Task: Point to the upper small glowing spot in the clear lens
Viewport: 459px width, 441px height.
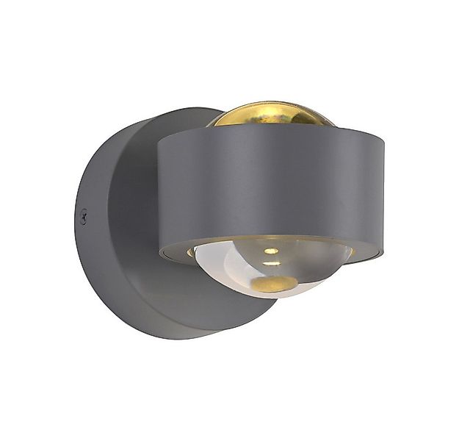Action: (x=271, y=251)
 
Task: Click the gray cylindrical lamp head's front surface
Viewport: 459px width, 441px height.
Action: (x=272, y=187)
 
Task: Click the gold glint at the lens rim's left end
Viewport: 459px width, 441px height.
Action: (x=192, y=252)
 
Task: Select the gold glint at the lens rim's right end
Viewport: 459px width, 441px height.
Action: (x=350, y=251)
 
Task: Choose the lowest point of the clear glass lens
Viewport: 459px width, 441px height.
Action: (x=273, y=297)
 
